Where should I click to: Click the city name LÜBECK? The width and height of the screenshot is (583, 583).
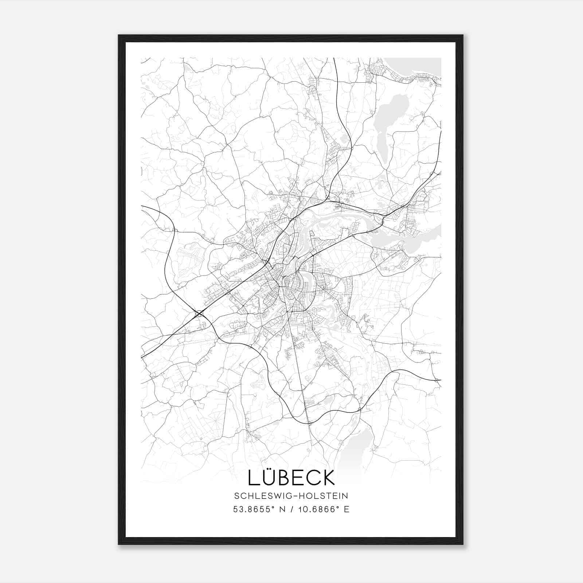[x=291, y=477]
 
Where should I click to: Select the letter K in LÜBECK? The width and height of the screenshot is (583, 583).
[x=328, y=478]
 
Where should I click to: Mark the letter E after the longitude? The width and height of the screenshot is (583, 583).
[x=346, y=509]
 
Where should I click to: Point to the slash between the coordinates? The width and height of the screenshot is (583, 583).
[x=291, y=509]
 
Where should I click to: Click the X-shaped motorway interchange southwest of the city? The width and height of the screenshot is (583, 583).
[x=199, y=313]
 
